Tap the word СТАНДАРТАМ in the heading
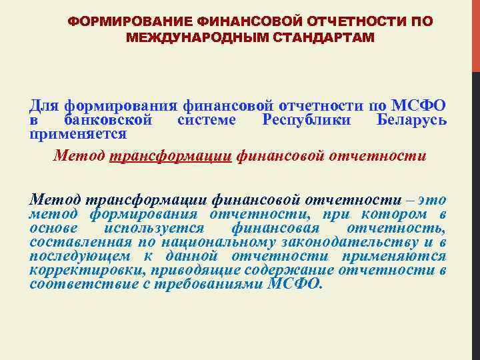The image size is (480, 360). click(x=321, y=37)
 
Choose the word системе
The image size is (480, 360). click(x=207, y=120)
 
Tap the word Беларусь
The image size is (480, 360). click(x=411, y=120)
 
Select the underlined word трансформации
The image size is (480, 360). click(x=169, y=155)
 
